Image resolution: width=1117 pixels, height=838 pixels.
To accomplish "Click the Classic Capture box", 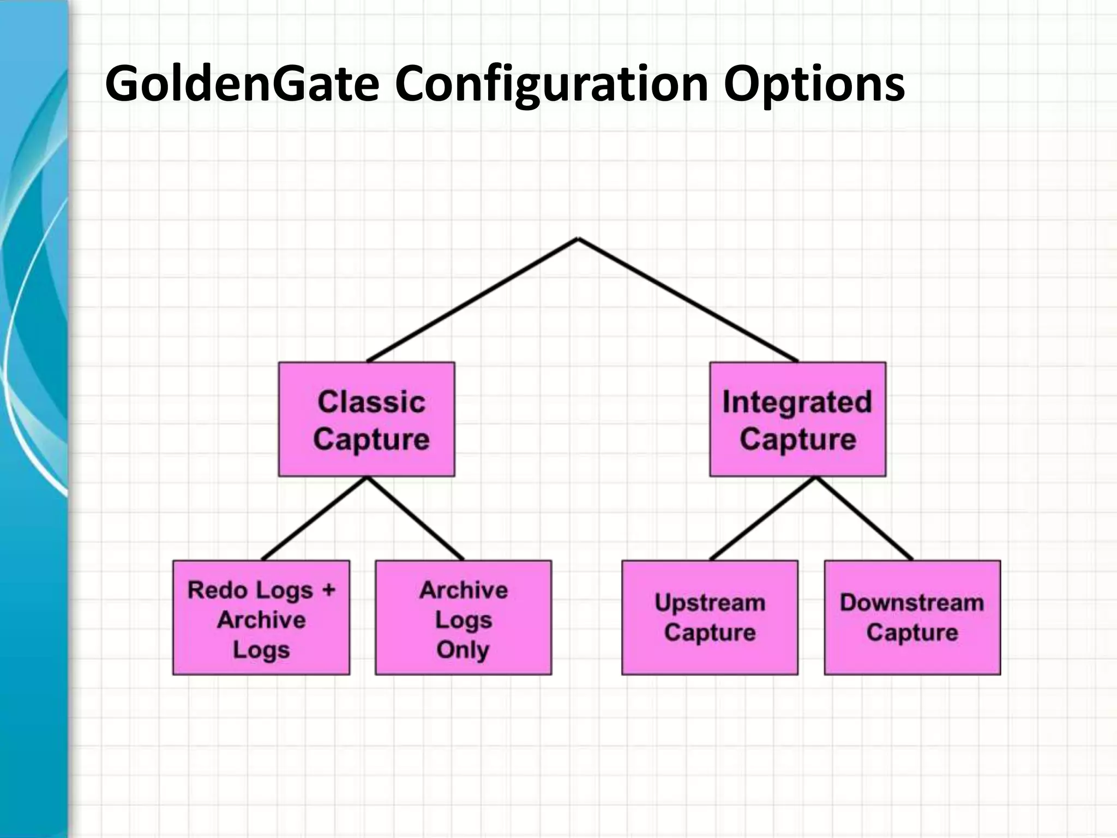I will (367, 419).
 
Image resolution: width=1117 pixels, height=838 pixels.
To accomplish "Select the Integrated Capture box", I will (797, 419).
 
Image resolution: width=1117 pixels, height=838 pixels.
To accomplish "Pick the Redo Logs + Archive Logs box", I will (261, 618).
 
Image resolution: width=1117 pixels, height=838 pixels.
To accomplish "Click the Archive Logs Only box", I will (463, 618).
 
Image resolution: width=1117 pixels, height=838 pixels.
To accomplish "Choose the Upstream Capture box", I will (710, 618).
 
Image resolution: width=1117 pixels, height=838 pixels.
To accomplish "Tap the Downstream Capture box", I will (912, 618).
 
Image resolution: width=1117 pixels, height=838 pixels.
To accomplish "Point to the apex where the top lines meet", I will (578, 239).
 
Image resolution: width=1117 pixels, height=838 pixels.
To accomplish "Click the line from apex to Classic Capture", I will (473, 300).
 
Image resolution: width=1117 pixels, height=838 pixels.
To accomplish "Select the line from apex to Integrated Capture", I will (688, 300).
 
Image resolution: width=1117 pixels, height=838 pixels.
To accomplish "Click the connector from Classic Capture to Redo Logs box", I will (315, 518).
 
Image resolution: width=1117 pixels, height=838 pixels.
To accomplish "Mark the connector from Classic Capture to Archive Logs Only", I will (415, 518).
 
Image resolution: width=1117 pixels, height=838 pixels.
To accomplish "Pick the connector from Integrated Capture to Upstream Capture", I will (762, 518).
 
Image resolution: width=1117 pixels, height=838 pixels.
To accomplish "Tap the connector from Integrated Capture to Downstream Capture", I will (864, 518).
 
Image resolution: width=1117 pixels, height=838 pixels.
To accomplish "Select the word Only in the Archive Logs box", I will (463, 649).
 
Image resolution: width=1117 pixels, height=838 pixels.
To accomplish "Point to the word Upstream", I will (710, 603).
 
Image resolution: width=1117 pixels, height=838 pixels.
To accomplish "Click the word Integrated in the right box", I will (797, 402).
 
